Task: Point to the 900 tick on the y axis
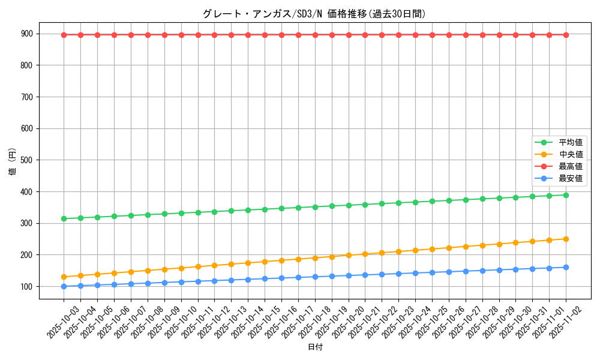click(29, 34)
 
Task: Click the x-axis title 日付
click(314, 347)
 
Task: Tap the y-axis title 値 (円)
click(12, 163)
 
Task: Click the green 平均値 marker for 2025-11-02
click(566, 195)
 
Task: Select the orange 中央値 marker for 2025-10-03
click(64, 277)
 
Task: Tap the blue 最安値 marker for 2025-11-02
click(566, 267)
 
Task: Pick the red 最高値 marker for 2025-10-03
click(64, 35)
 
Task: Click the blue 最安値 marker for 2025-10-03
click(64, 286)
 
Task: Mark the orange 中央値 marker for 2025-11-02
click(566, 239)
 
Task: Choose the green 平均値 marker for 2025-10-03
click(64, 218)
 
